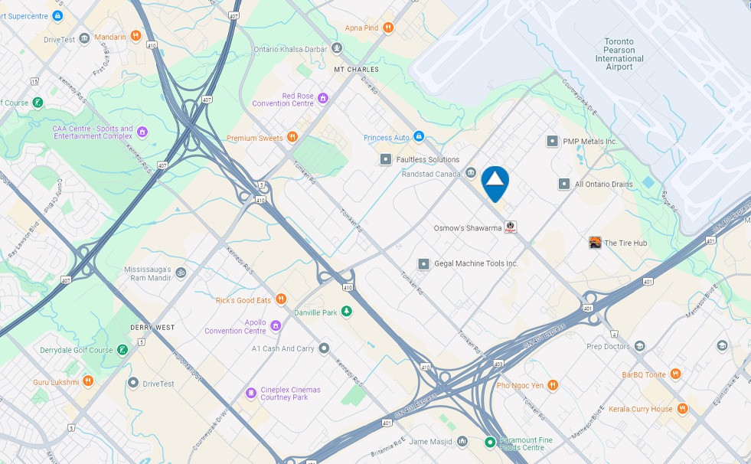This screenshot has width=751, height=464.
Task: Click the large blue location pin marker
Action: [x=495, y=182]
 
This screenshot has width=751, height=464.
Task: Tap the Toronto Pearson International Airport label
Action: [x=619, y=54]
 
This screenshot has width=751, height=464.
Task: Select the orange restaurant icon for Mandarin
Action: [x=136, y=35]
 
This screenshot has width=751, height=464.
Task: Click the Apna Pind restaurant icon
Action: [x=388, y=28]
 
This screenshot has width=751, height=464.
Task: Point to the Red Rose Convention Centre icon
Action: [x=323, y=98]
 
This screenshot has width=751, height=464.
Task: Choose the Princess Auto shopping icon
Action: [x=418, y=137]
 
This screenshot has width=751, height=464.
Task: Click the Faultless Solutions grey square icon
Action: [x=386, y=159]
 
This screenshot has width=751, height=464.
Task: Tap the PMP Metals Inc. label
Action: [x=589, y=142]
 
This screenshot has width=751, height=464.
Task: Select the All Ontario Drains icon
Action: [x=564, y=184]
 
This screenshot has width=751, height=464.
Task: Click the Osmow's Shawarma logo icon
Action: [x=511, y=227]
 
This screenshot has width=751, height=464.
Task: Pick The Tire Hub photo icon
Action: [x=595, y=243]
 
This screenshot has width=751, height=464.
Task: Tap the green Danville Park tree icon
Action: [x=347, y=312]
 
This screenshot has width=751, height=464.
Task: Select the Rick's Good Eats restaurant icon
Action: [x=281, y=299]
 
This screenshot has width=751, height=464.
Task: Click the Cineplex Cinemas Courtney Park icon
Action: [x=250, y=393]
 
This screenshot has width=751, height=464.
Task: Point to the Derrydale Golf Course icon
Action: [x=122, y=350]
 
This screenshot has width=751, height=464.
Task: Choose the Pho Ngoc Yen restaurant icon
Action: [x=552, y=385]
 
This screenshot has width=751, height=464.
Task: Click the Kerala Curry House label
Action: [x=641, y=409]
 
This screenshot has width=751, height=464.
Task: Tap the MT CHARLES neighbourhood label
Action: [x=356, y=70]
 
